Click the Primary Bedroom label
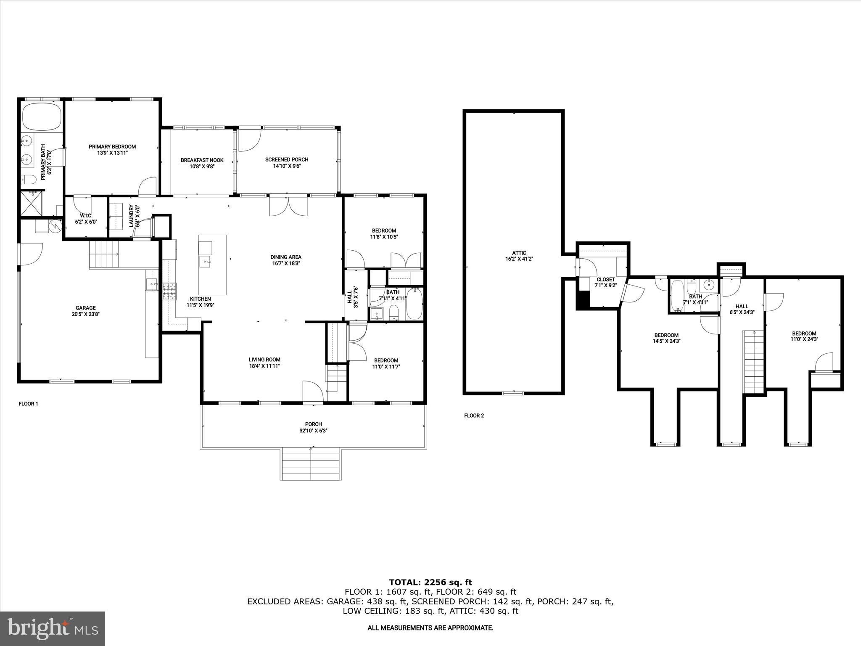(x=112, y=147)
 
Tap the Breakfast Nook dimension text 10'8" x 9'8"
(x=202, y=166)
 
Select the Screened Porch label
(x=287, y=159)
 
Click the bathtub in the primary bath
(x=42, y=117)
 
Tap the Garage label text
(x=86, y=308)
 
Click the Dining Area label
(x=285, y=257)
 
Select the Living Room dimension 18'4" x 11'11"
(x=264, y=366)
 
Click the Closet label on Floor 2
(x=605, y=279)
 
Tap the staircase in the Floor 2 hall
(x=754, y=361)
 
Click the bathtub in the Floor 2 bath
(x=677, y=296)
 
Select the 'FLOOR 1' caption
(x=28, y=404)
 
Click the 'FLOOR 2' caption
(x=474, y=416)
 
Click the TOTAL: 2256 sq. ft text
(x=430, y=582)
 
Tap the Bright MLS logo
(x=53, y=629)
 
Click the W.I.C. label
(x=86, y=215)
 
